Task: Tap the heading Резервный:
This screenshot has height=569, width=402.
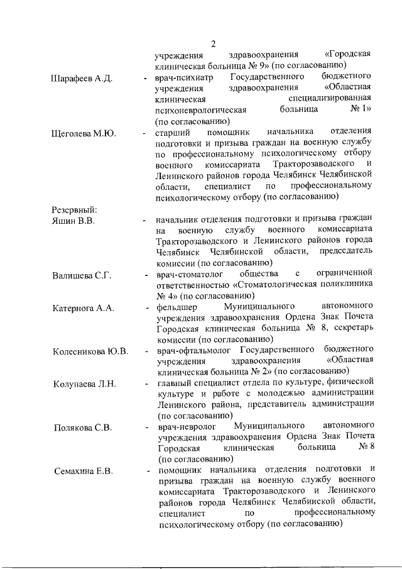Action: pyautogui.click(x=74, y=209)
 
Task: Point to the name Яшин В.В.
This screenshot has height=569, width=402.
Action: pyautogui.click(x=73, y=220)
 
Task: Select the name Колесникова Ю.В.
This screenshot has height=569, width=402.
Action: pyautogui.click(x=91, y=350)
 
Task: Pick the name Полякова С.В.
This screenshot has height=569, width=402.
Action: pyautogui.click(x=82, y=428)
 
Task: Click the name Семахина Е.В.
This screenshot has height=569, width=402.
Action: pyautogui.click(x=82, y=472)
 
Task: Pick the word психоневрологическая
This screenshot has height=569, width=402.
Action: pyautogui.click(x=202, y=111)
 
